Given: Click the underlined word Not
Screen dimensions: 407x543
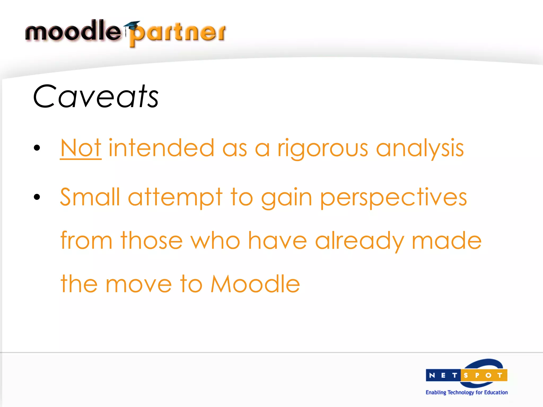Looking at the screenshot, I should click(x=81, y=148).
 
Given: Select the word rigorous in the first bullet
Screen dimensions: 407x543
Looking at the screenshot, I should click(x=323, y=149).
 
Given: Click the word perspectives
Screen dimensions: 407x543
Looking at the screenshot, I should click(x=393, y=198).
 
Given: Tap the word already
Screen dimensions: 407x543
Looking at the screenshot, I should click(x=360, y=241).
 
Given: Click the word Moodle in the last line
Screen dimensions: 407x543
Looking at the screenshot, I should click(x=255, y=284).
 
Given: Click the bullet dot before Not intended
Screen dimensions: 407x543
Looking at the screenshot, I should click(x=37, y=148).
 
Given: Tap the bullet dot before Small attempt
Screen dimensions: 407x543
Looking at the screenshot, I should click(x=37, y=197).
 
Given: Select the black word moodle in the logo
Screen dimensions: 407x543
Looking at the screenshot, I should click(x=73, y=31).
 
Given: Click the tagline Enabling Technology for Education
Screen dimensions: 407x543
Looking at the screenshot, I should click(x=467, y=392).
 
